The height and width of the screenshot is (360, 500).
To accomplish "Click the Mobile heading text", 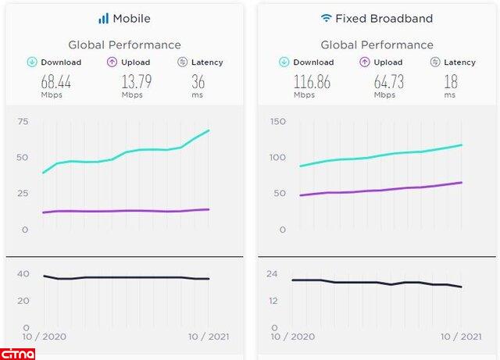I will [x=132, y=18].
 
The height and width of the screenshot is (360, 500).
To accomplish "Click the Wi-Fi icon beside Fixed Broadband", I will [x=326, y=17].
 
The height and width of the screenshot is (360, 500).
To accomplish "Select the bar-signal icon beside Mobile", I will [x=103, y=18].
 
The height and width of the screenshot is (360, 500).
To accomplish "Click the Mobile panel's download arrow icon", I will [x=31, y=62].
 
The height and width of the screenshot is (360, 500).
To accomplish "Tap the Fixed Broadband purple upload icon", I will [x=365, y=62].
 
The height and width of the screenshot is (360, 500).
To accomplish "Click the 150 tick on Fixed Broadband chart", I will [x=277, y=121].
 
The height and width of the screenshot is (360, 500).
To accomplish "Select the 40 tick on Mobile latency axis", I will [x=23, y=274].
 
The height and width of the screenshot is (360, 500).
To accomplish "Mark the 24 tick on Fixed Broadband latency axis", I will [x=273, y=274].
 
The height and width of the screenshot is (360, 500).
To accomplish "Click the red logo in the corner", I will [x=18, y=352].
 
